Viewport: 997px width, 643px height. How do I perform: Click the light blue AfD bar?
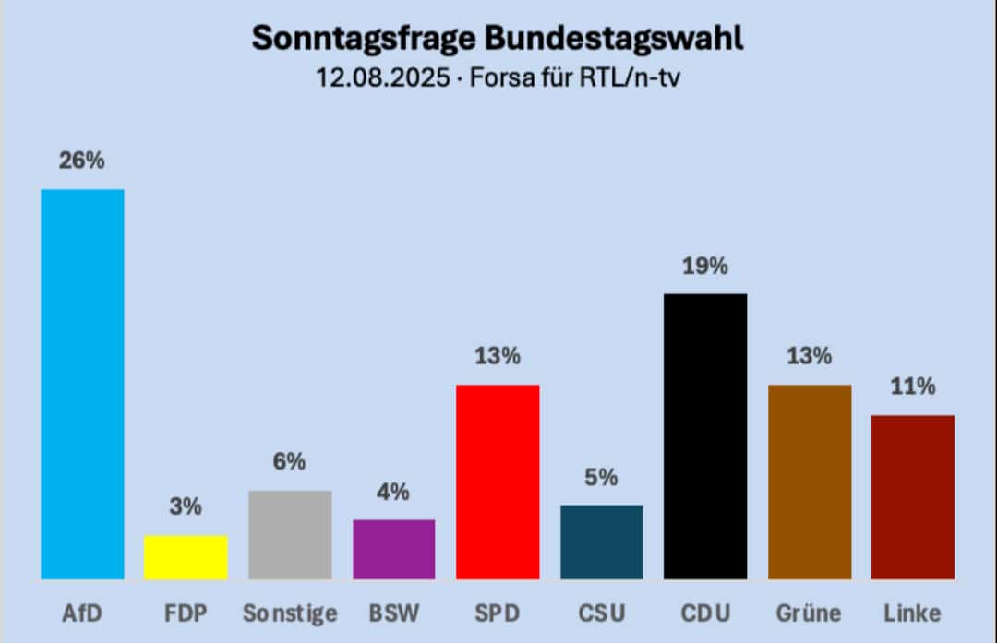tap(82, 384)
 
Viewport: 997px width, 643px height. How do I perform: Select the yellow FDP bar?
tap(186, 557)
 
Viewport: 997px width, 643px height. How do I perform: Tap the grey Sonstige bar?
tap(290, 534)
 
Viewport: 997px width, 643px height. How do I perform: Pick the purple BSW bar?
tap(393, 549)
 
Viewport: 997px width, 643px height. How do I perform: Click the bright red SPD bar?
tap(498, 482)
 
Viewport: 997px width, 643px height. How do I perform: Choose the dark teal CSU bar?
tap(601, 542)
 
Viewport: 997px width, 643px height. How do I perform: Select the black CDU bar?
tap(705, 436)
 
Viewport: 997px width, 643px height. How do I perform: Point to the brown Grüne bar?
tap(809, 482)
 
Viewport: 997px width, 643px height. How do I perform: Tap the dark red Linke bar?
tap(912, 496)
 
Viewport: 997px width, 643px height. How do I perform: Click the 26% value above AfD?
tap(82, 161)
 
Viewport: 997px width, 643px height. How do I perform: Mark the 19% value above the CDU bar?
tap(705, 266)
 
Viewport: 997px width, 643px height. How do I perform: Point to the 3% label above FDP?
tap(186, 506)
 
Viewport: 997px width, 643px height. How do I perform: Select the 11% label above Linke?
tap(912, 387)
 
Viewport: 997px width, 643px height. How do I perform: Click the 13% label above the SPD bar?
tap(498, 356)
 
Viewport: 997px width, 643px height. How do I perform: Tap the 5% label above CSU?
tap(601, 477)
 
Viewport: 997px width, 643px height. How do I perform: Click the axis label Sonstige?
tap(290, 613)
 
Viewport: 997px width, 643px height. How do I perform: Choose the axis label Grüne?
tap(809, 613)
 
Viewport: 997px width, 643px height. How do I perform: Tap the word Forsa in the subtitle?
tap(499, 78)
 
